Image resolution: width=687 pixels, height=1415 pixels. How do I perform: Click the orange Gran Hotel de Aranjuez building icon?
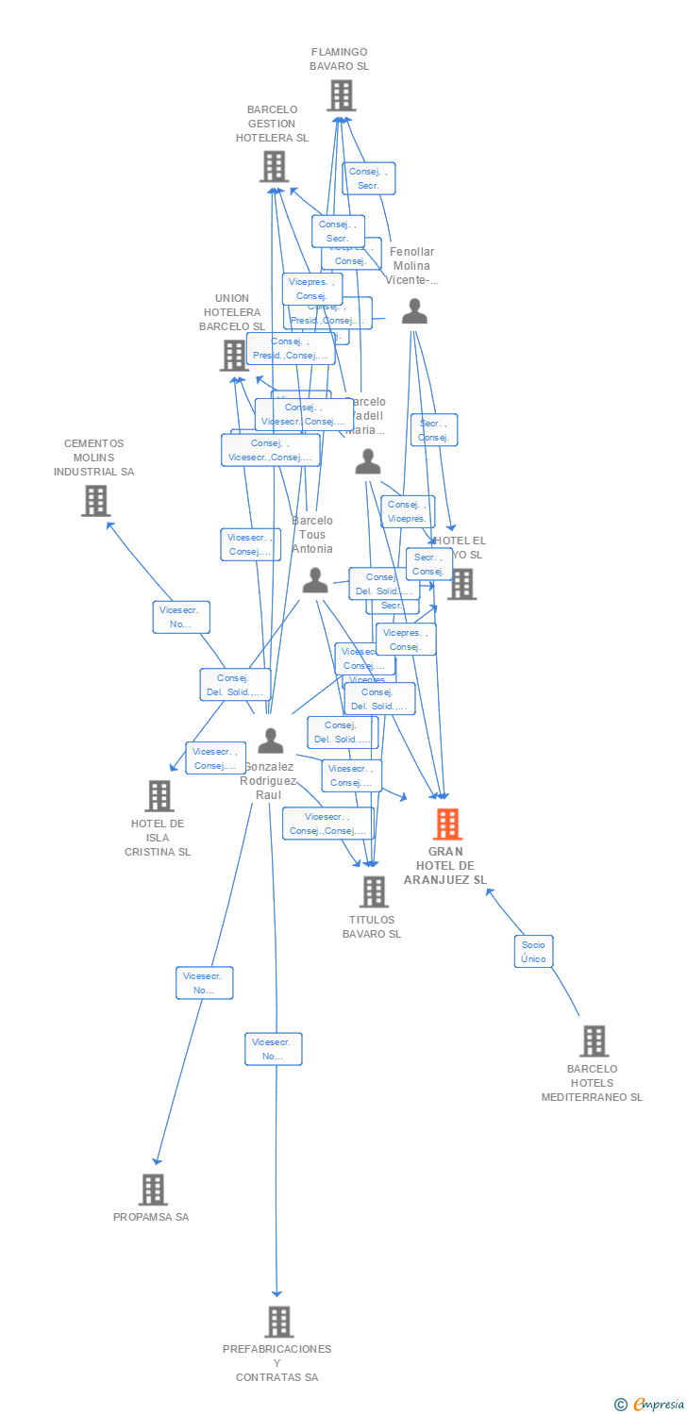[447, 824]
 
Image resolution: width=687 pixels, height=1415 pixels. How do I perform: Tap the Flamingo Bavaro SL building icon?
[341, 95]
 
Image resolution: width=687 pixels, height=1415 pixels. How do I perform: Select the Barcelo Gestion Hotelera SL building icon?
[274, 167]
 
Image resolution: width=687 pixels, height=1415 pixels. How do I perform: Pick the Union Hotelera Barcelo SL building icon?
[233, 356]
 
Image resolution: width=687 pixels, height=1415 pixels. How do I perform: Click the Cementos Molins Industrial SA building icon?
[95, 501]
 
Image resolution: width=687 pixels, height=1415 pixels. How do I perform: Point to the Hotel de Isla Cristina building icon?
[159, 796]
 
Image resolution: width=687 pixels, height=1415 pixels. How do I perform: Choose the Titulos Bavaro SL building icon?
[374, 891]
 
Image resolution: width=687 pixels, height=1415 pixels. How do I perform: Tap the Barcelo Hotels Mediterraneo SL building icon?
[593, 1041]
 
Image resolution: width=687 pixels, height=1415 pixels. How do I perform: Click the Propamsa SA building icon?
[152, 1190]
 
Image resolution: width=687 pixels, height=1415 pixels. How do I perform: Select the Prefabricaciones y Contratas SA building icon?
[278, 1323]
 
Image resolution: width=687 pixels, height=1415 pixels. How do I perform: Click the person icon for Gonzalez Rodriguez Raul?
[271, 741]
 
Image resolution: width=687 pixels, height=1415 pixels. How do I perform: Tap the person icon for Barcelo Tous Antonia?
[314, 580]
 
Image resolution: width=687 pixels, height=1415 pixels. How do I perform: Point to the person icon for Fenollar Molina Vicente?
[414, 311]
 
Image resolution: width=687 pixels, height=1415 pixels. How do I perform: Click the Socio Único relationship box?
[533, 951]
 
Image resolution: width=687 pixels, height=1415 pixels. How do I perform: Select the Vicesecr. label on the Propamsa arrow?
[204, 983]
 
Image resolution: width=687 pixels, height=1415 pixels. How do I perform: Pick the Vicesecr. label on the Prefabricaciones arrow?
[274, 1049]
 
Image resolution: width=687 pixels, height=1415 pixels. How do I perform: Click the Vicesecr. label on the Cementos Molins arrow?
[181, 617]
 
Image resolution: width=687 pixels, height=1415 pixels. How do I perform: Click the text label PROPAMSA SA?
[151, 1217]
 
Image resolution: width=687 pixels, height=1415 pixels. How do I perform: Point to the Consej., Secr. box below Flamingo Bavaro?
[368, 178]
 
